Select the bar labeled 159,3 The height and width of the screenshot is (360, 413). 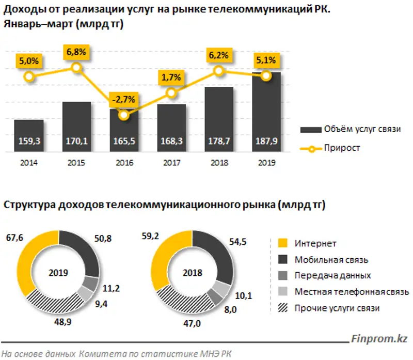tap(29, 136)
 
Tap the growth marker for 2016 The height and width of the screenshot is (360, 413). tap(123, 115)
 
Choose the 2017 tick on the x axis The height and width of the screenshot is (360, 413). tap(171, 162)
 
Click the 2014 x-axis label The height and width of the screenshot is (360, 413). tap(29, 162)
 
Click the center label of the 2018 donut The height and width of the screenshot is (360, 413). tap(192, 272)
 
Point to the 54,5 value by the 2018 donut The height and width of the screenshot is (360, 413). tap(239, 239)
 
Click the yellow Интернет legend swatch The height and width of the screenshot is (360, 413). tap(281, 243)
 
